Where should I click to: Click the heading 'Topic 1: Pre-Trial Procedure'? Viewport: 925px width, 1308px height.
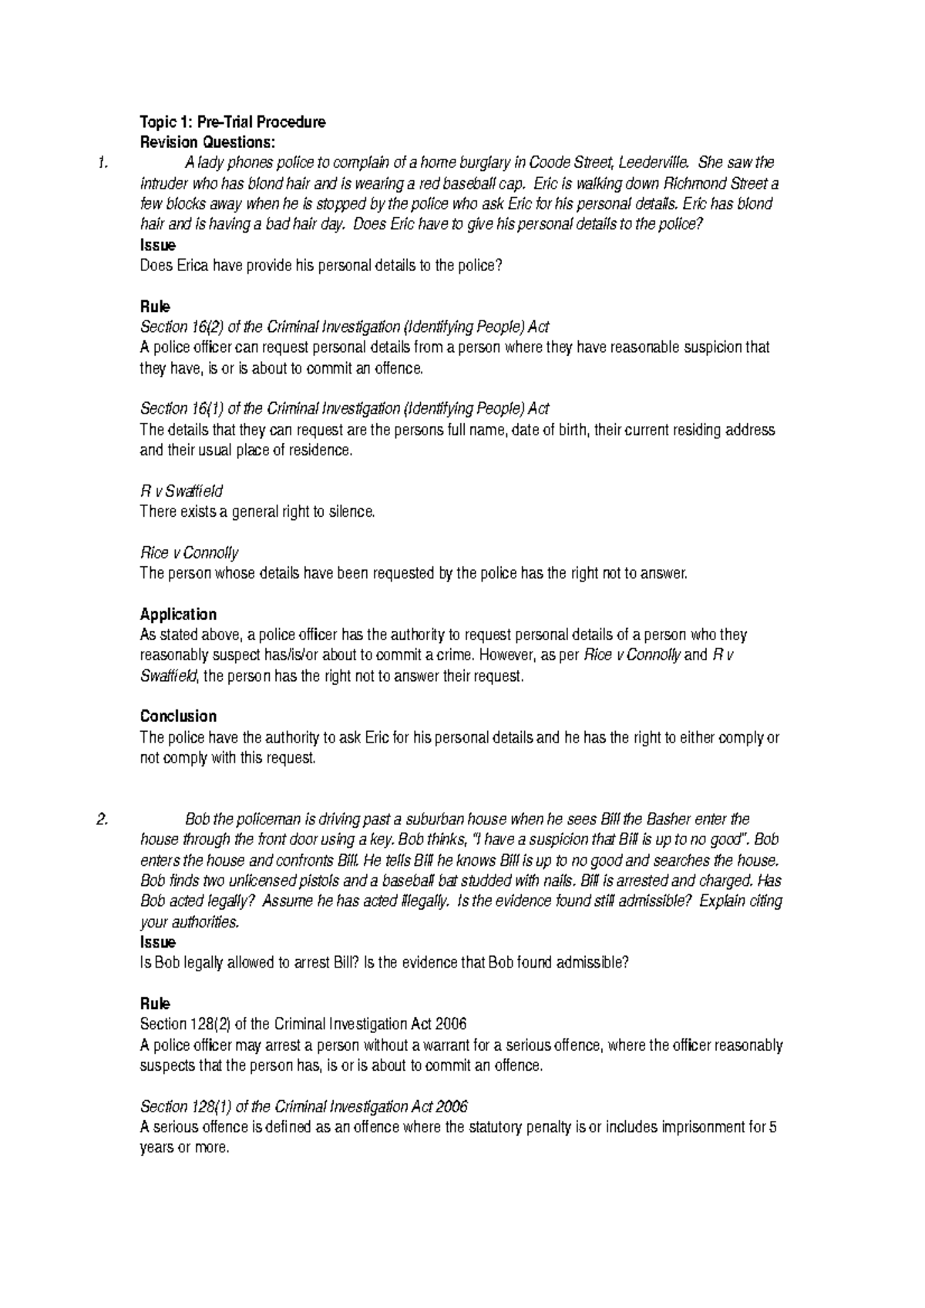[232, 122]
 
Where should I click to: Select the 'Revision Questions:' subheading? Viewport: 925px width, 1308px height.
[206, 143]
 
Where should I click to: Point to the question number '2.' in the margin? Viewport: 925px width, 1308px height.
[101, 819]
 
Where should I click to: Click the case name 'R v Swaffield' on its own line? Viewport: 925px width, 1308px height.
[181, 491]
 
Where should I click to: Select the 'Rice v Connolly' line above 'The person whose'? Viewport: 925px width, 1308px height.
[189, 552]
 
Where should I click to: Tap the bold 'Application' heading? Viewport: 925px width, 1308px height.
[178, 614]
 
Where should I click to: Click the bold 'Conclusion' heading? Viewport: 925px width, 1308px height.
[178, 716]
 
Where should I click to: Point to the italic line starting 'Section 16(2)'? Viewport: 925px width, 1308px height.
[344, 327]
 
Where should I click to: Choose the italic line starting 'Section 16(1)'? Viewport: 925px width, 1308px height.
[344, 408]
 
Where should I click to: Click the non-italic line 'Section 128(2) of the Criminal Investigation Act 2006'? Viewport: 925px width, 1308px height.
[303, 1024]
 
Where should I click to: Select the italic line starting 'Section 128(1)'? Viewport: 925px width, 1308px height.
[303, 1106]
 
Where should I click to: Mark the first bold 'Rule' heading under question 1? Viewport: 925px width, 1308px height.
[155, 307]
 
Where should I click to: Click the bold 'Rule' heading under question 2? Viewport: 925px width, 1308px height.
[155, 1004]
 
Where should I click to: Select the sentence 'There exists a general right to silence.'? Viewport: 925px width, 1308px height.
[257, 511]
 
